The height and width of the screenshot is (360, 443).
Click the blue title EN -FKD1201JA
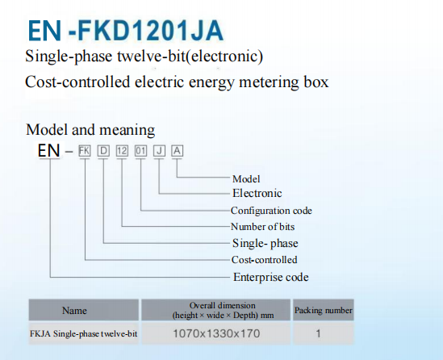click(x=126, y=31)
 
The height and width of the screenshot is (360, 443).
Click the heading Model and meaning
click(x=90, y=130)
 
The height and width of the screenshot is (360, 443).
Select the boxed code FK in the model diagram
click(x=85, y=151)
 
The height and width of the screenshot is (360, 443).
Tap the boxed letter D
click(x=103, y=151)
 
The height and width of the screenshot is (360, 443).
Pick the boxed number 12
click(x=122, y=151)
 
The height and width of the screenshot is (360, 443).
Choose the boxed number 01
click(x=140, y=151)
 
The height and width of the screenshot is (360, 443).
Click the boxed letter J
click(x=159, y=151)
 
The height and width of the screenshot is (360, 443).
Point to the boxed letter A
click(x=178, y=151)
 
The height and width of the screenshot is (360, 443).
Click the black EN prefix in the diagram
click(x=49, y=150)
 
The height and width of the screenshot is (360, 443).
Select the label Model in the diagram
click(x=246, y=179)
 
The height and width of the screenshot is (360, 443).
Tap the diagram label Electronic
click(x=257, y=193)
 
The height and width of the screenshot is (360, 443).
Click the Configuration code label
click(x=271, y=211)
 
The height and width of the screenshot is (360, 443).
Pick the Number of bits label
click(x=263, y=227)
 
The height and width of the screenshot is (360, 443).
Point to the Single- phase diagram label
click(x=265, y=244)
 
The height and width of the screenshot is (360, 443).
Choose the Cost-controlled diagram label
click(x=264, y=260)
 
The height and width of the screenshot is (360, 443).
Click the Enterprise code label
click(x=270, y=277)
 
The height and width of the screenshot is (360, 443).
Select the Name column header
click(x=74, y=311)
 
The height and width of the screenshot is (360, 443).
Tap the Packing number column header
click(x=324, y=310)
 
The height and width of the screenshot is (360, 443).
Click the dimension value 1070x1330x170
click(x=216, y=333)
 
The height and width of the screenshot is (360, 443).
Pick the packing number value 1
click(x=319, y=333)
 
